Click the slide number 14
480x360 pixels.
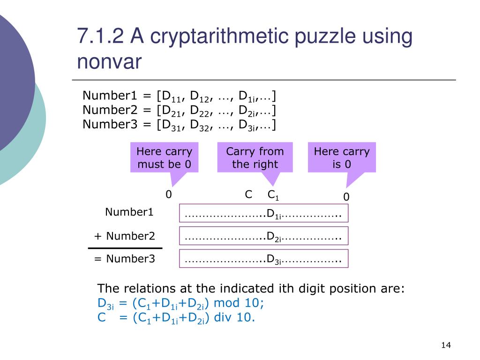445,345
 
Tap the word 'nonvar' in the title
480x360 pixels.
109,62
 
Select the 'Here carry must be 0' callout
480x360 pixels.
164,158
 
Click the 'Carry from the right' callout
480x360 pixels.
255,158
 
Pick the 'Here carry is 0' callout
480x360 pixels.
342,158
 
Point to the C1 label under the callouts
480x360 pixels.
273,195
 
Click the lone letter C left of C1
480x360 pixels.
249,195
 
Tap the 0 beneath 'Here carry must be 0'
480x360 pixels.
169,195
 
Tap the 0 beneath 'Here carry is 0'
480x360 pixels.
346,197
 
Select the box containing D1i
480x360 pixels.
264,213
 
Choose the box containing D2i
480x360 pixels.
264,236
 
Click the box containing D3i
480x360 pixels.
264,259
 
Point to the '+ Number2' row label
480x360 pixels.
125,236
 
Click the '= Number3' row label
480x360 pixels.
125,258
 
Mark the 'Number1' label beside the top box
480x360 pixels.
129,212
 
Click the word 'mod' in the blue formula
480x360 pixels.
227,303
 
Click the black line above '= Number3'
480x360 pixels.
125,248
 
